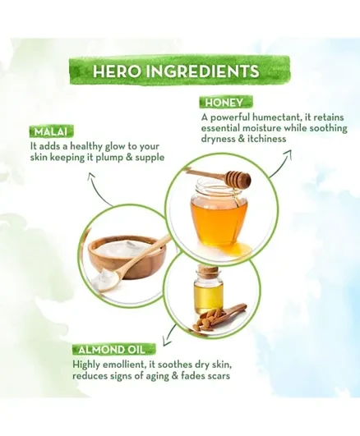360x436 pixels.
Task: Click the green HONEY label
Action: click(224, 103)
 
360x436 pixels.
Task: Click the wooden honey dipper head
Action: click(238, 178)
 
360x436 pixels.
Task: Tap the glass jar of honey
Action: click(219, 211)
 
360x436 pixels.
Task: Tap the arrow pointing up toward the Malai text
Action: click(99, 188)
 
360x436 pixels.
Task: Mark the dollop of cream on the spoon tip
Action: click(103, 278)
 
